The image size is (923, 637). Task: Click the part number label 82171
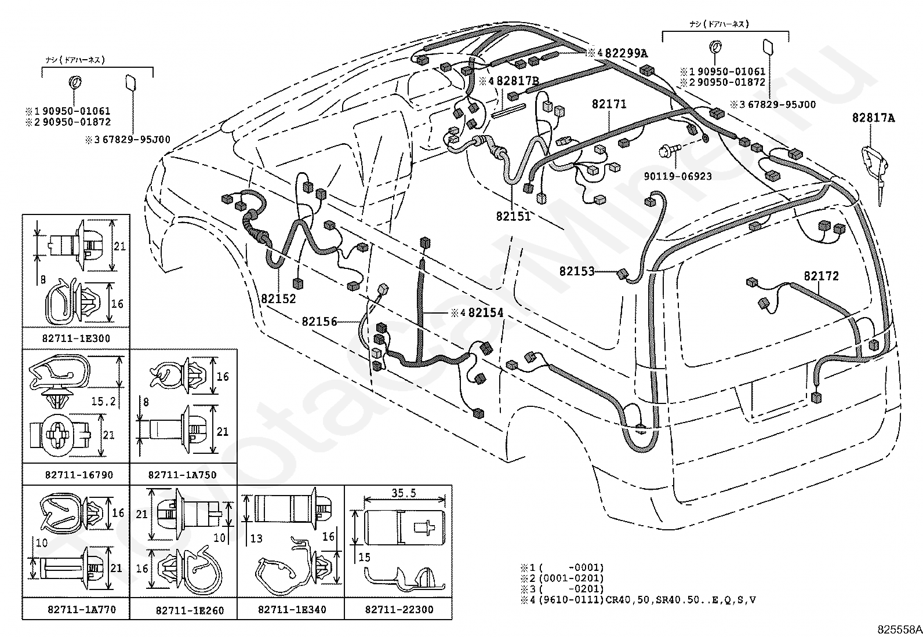(609, 104)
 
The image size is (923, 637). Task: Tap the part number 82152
(278, 299)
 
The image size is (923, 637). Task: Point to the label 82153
(577, 271)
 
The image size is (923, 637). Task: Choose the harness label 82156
(319, 321)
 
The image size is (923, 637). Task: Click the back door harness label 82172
(821, 276)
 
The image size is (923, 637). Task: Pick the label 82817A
(874, 118)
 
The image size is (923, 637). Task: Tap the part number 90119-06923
(678, 176)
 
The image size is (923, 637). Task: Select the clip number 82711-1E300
(76, 338)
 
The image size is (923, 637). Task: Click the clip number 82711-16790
(79, 475)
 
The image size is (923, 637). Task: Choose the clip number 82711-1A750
(182, 475)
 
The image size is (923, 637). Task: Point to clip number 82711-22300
(399, 609)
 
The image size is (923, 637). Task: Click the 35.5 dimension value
(404, 493)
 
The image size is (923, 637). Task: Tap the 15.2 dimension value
(103, 401)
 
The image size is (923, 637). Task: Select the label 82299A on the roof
(626, 53)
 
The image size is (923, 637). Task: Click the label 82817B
(518, 81)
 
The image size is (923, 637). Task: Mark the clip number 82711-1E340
(292, 609)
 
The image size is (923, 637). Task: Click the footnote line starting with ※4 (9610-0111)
(638, 600)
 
